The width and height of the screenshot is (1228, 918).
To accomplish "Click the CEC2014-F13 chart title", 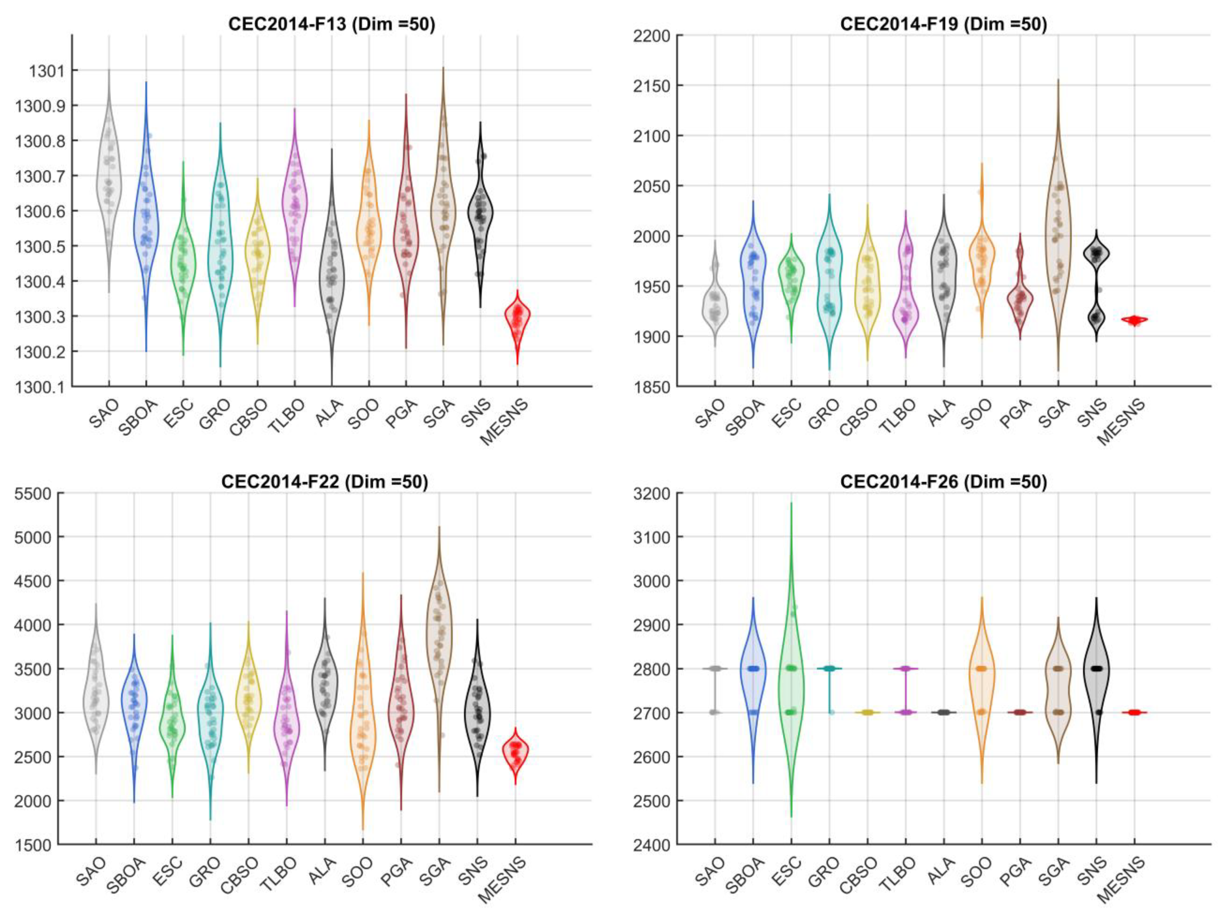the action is pos(332,24).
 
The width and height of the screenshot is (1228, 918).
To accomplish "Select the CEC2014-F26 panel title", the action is pos(943,481).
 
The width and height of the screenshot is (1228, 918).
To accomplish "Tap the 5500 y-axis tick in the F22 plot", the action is pos(33,493).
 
